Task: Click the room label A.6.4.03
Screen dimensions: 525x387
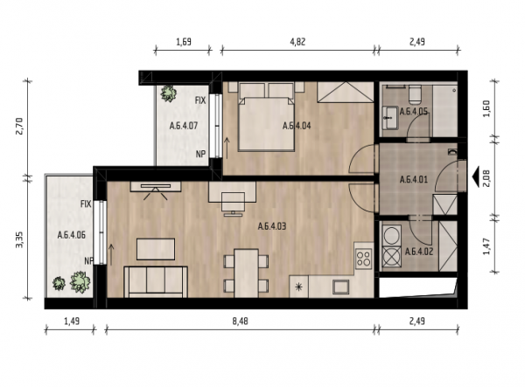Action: [x=272, y=226]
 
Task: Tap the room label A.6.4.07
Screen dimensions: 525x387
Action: [x=184, y=126]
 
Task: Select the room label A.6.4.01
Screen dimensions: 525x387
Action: [x=414, y=180]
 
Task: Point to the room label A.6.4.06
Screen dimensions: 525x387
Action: [x=72, y=235]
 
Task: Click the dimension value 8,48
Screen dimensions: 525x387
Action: [x=240, y=321]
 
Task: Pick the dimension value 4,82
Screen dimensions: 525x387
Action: [x=297, y=42]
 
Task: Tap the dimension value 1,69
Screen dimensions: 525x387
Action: [x=184, y=42]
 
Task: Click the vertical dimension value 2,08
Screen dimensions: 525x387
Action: [x=486, y=178]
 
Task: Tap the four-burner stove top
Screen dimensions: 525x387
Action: [x=364, y=259]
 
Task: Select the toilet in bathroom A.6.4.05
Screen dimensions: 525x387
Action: [x=415, y=93]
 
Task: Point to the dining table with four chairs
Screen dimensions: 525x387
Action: [x=246, y=273]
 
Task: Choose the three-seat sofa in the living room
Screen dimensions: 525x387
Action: [x=156, y=281]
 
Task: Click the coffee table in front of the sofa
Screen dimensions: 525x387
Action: [x=156, y=249]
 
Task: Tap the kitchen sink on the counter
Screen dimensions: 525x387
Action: [x=341, y=287]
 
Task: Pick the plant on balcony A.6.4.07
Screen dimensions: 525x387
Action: [x=168, y=93]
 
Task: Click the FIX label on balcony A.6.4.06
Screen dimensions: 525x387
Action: [x=86, y=204]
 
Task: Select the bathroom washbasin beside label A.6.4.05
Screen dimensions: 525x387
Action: [x=390, y=117]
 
